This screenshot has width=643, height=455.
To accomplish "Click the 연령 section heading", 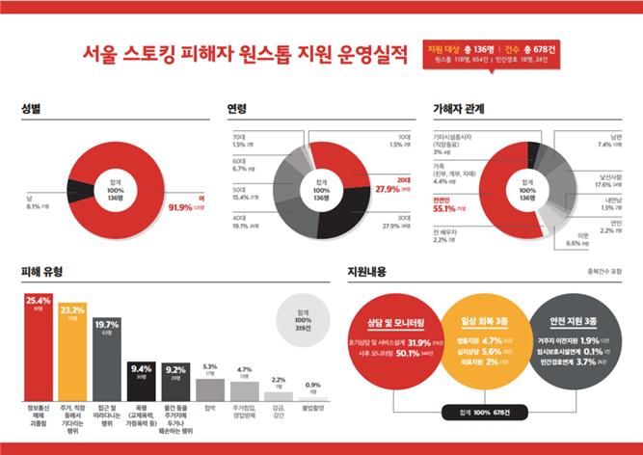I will coord(237,109).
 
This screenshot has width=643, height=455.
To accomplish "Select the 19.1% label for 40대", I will coord(242,227).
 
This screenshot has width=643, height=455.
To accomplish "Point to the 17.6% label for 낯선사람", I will coord(610,183).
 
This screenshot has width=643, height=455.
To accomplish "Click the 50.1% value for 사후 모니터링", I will coord(419,353).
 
